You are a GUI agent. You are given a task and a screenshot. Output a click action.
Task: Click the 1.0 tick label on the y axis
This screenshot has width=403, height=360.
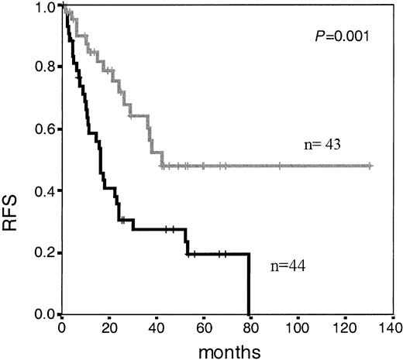click(45, 7)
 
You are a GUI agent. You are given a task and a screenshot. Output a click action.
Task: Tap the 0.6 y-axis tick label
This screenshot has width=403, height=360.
click(45, 129)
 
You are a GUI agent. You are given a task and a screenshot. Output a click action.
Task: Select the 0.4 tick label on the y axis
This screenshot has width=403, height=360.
click(45, 190)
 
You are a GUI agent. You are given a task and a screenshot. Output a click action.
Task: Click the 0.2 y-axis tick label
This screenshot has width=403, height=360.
click(45, 252)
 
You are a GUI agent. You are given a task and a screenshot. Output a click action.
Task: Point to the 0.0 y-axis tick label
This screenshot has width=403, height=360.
click(45, 314)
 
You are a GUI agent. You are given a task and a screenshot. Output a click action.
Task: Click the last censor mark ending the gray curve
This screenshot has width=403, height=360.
click(370, 166)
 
